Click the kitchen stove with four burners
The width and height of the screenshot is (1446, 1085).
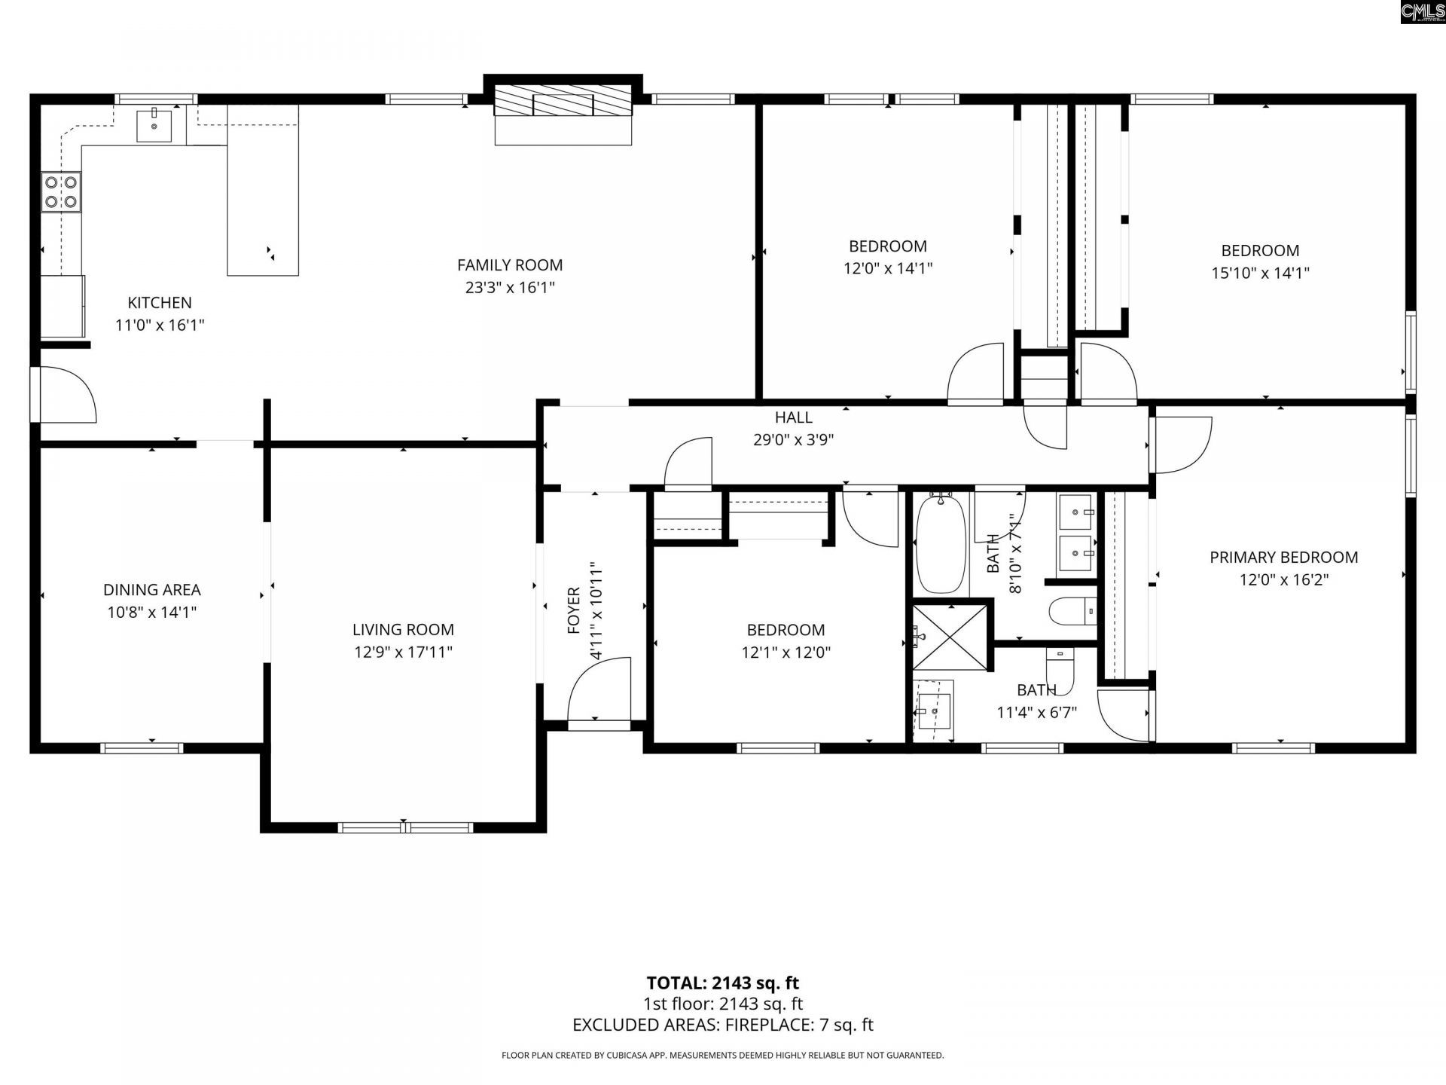click(x=62, y=191)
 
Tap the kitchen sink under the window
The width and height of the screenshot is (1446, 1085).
click(x=154, y=125)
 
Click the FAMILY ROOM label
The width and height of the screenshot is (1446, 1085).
click(x=510, y=265)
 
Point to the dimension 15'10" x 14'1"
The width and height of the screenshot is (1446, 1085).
click(x=1260, y=273)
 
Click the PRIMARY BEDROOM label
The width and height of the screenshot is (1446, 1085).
click(x=1284, y=558)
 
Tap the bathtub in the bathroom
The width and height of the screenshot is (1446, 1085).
click(x=941, y=544)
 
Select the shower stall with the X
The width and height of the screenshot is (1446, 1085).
click(x=950, y=637)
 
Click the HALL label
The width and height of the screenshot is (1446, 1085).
click(x=794, y=417)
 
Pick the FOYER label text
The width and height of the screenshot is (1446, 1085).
click(x=574, y=610)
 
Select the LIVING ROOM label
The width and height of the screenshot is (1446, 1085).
click(x=403, y=630)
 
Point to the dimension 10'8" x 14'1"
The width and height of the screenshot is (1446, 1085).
click(x=152, y=612)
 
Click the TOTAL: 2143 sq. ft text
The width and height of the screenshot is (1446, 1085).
click(x=723, y=983)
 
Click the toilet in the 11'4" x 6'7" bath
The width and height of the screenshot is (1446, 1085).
click(x=1060, y=666)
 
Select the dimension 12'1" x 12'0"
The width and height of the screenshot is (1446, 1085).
click(x=786, y=653)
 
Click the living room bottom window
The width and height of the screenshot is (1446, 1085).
click(x=405, y=827)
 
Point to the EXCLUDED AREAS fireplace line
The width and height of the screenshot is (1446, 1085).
click(x=723, y=1025)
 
